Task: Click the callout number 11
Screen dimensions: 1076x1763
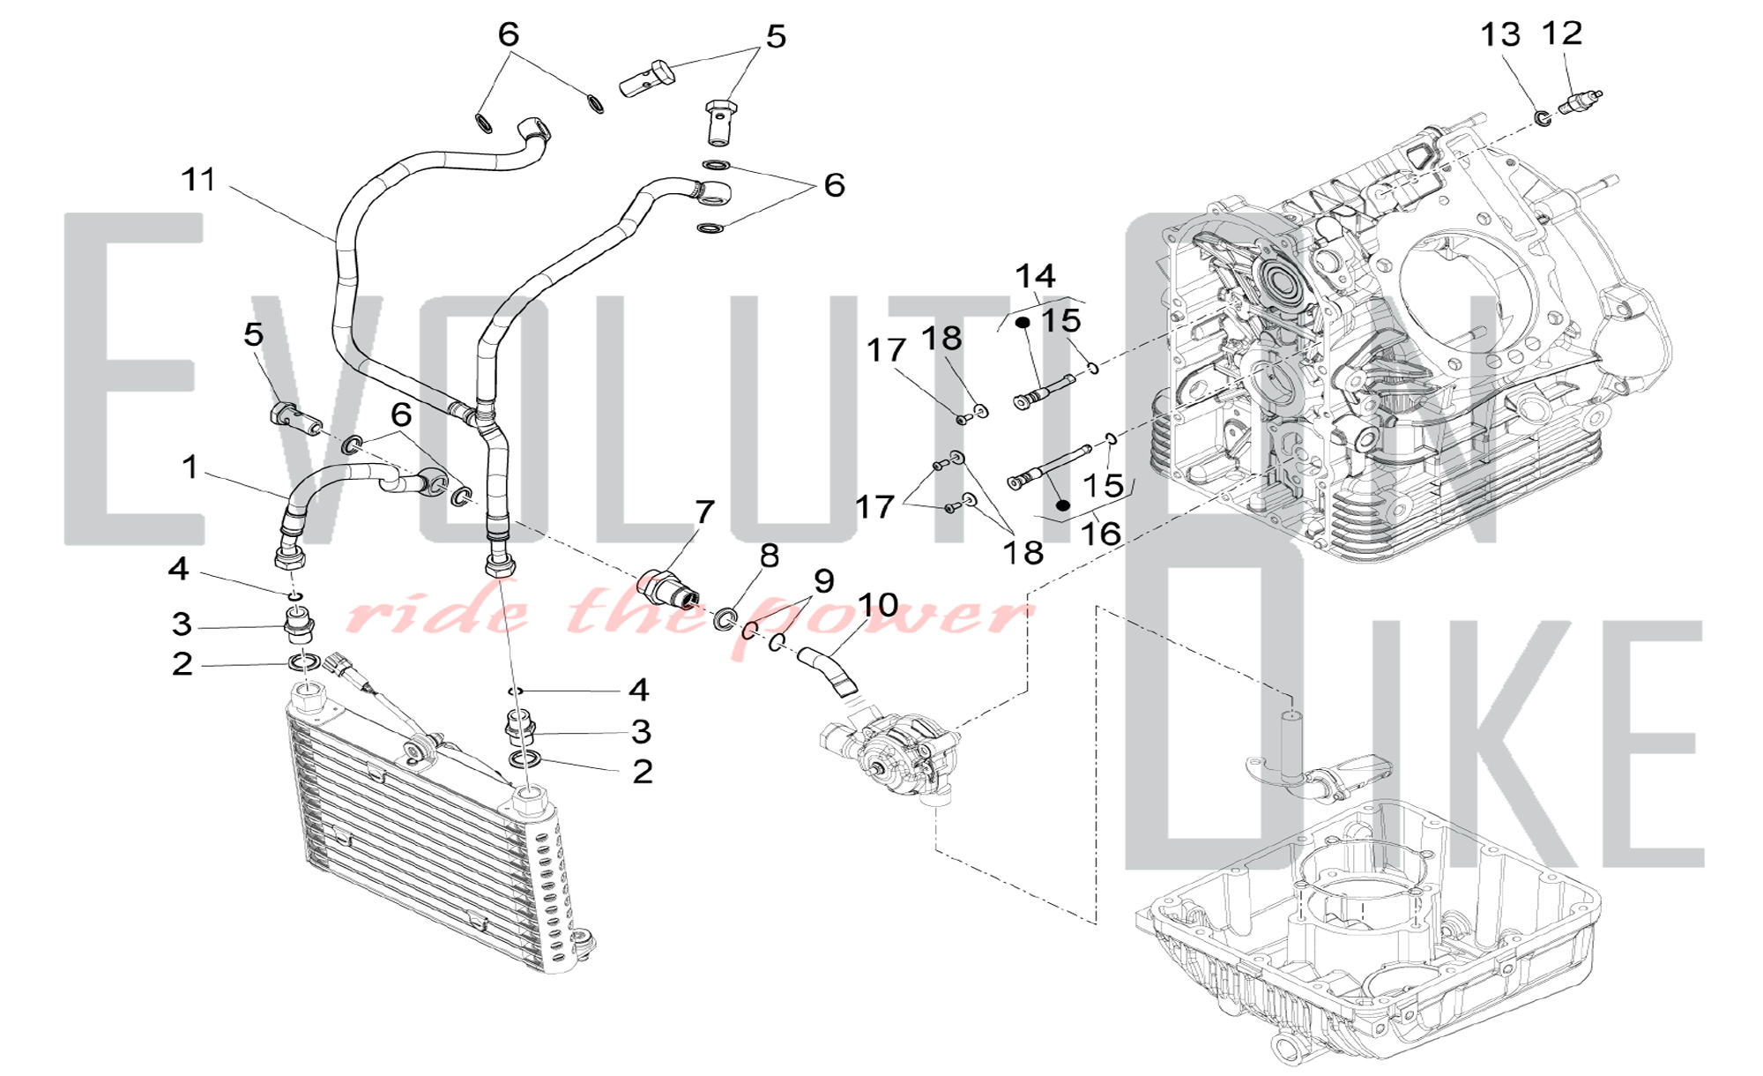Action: (198, 180)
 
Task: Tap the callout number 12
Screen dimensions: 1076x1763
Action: (1562, 34)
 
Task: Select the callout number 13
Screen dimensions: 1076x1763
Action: (1500, 35)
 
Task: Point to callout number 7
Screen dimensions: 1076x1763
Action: (704, 512)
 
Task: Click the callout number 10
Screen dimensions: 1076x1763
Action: (877, 605)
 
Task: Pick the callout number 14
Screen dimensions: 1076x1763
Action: (1035, 277)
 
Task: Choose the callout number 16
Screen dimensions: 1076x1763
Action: (1100, 534)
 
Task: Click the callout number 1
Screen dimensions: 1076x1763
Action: (190, 467)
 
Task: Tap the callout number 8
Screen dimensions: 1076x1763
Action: (770, 556)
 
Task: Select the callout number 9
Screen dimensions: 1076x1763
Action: (823, 581)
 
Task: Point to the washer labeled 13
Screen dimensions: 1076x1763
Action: (1543, 116)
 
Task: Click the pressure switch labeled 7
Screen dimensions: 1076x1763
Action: (668, 589)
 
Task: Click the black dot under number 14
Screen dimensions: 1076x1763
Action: (1023, 323)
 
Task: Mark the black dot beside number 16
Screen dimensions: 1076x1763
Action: (1063, 505)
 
